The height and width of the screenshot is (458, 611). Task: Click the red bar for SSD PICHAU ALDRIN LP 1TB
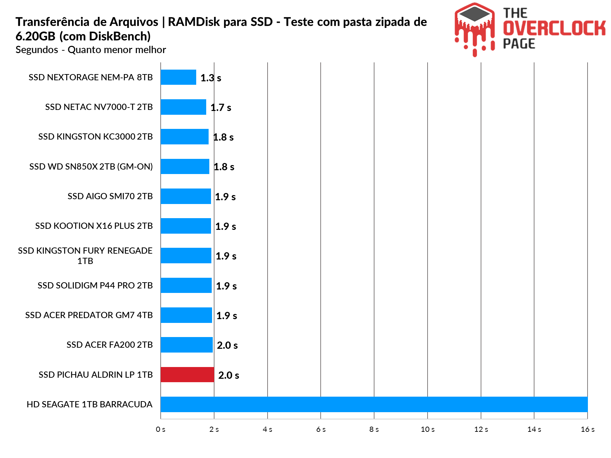click(x=187, y=375)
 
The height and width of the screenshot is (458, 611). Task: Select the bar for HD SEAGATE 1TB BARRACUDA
click(x=374, y=404)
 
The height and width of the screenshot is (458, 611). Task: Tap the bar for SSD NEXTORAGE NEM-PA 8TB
click(x=178, y=77)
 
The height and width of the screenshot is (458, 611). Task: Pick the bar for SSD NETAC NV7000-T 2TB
click(x=183, y=107)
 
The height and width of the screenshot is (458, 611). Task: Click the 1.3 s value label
click(x=211, y=78)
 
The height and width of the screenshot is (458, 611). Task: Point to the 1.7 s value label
click(x=221, y=108)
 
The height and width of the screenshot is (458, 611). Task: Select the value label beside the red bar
click(x=228, y=375)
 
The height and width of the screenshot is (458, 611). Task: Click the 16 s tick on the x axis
click(x=588, y=429)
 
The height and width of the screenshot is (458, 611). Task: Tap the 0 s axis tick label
click(x=161, y=429)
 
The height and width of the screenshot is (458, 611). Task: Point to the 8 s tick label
click(x=374, y=429)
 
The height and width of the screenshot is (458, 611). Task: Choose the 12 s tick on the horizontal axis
click(x=481, y=429)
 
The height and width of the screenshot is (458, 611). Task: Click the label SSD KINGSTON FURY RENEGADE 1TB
click(x=85, y=256)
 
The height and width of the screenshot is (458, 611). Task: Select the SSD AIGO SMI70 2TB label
click(x=110, y=196)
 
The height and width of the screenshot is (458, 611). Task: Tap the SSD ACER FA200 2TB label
click(x=109, y=345)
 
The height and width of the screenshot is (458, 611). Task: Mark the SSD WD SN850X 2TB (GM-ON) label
click(x=91, y=166)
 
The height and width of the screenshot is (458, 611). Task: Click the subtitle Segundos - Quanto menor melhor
click(x=91, y=50)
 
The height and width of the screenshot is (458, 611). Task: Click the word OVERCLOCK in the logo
click(x=554, y=28)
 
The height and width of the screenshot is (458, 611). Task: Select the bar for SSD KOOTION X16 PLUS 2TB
click(x=186, y=226)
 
